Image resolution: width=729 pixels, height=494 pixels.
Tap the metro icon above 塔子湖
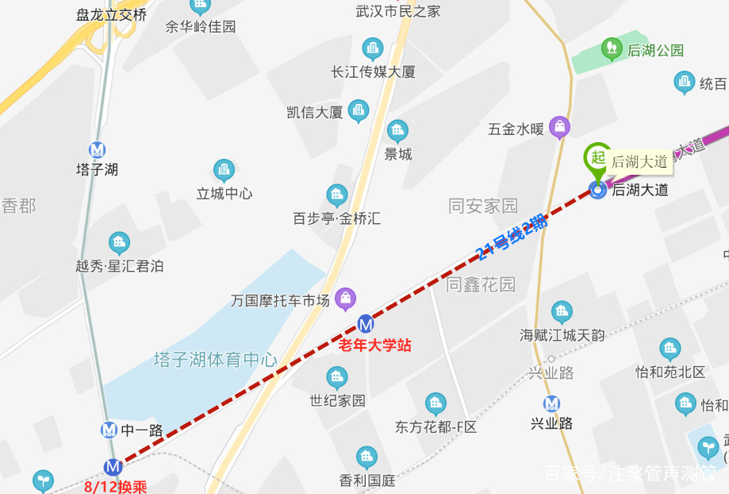point(98,149)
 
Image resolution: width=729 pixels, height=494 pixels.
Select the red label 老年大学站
point(374,345)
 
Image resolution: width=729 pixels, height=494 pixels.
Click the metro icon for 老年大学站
point(366,323)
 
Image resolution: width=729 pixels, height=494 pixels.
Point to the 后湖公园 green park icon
point(611,49)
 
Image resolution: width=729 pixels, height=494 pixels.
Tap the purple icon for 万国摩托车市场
point(345,299)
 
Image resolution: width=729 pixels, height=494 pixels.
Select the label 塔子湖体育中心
point(215,360)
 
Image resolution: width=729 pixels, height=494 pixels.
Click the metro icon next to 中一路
point(109,430)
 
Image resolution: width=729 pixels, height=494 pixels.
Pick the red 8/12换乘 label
point(116,485)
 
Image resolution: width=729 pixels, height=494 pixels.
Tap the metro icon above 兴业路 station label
point(551,403)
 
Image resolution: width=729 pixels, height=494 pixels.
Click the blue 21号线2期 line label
point(512,237)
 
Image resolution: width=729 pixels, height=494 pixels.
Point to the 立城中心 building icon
point(224,170)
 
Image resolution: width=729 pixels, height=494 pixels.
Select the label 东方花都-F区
point(436,426)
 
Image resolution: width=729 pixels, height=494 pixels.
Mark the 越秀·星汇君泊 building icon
point(119,243)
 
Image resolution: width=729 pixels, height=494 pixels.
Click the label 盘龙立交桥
point(112,14)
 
